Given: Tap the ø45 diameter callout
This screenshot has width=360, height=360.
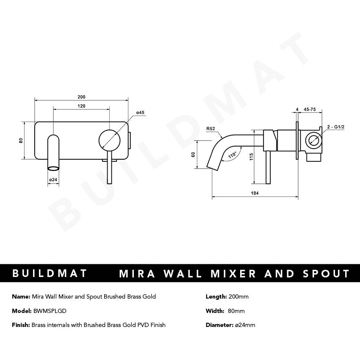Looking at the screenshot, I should pyautogui.click(x=140, y=112).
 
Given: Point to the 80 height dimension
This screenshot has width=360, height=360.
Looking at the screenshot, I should pyautogui.click(x=21, y=140).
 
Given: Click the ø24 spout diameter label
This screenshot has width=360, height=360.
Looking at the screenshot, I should pyautogui.click(x=53, y=180).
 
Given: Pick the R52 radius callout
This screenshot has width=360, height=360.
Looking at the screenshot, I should pyautogui.click(x=210, y=129).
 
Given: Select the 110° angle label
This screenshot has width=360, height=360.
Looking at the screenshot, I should pyautogui.click(x=232, y=155).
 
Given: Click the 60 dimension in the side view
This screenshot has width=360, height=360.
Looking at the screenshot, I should pyautogui.click(x=193, y=155).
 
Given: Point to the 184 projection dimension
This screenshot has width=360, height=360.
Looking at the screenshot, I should pyautogui.click(x=255, y=193).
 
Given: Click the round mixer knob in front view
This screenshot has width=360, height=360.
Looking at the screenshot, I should pyautogui.click(x=109, y=140).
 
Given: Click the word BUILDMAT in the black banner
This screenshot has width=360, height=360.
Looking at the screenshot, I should pyautogui.click(x=50, y=273).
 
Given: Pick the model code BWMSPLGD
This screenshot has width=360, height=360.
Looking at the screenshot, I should pyautogui.click(x=50, y=311).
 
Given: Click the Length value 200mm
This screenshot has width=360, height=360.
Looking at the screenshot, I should pyautogui.click(x=238, y=296).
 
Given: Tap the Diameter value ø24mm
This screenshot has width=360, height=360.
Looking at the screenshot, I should pyautogui.click(x=244, y=325).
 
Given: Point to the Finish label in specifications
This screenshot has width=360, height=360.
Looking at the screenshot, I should pyautogui.click(x=21, y=325).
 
